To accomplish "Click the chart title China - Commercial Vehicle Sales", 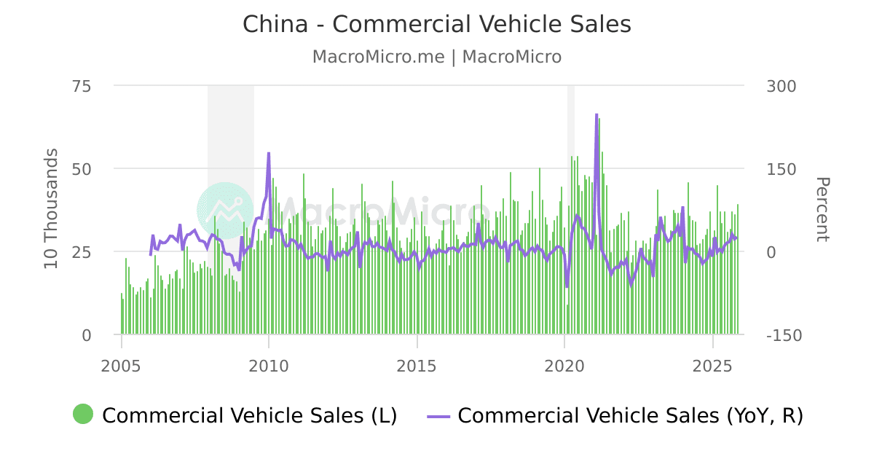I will point(436,24).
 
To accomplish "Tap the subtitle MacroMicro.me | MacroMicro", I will point(436,57).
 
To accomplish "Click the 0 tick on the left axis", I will point(86,335).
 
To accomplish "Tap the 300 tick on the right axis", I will point(782,86).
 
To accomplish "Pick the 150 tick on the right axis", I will point(782,169).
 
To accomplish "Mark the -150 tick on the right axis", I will point(784,335).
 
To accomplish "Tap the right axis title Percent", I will point(822,209).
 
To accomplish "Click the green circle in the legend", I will point(83,415).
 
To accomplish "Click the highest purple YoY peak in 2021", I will point(597,114).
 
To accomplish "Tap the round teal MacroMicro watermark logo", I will point(225,211).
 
